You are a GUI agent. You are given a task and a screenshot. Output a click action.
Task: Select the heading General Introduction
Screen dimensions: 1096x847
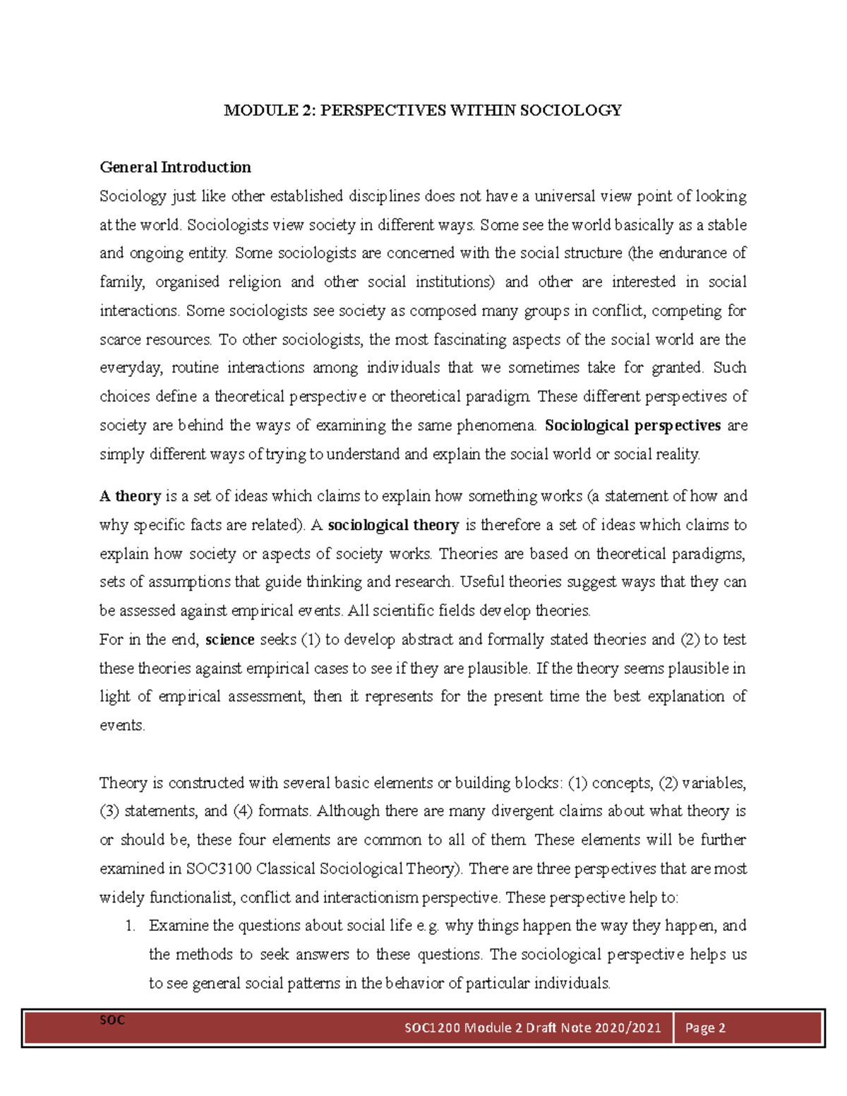(x=175, y=167)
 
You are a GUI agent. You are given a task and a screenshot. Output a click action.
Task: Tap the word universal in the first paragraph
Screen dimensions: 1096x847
(x=565, y=196)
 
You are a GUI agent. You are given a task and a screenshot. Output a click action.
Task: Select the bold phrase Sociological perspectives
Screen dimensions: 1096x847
(x=633, y=426)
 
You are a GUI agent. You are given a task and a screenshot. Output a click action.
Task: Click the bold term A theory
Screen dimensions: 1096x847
(x=131, y=496)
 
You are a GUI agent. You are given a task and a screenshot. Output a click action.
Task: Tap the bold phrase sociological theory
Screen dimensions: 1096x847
(x=394, y=525)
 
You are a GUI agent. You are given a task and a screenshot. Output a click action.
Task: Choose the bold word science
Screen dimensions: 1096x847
(x=229, y=640)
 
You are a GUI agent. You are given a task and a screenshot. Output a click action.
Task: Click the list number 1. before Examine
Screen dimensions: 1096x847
(x=131, y=926)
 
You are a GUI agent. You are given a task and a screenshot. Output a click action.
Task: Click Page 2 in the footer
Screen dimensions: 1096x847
(x=705, y=1028)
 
